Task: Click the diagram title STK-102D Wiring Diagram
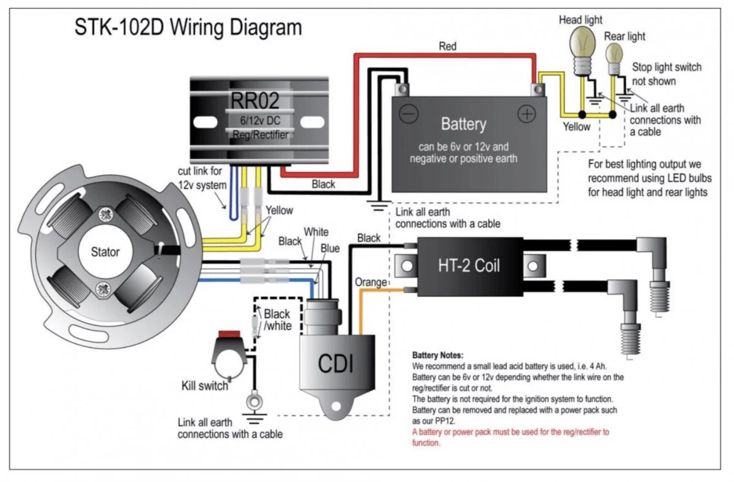click(x=188, y=28)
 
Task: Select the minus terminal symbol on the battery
click(x=409, y=113)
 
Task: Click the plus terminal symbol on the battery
click(x=527, y=113)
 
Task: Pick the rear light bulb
click(x=615, y=56)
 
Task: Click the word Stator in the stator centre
click(x=105, y=251)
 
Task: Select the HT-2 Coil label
click(x=469, y=265)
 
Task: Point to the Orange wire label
click(x=371, y=282)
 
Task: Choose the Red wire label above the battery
click(x=447, y=46)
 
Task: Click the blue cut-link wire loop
click(x=233, y=202)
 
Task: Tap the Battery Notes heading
click(x=438, y=355)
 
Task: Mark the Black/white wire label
click(x=276, y=320)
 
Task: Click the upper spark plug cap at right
click(x=652, y=251)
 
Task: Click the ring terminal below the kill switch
click(x=251, y=402)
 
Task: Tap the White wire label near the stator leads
click(x=316, y=232)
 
